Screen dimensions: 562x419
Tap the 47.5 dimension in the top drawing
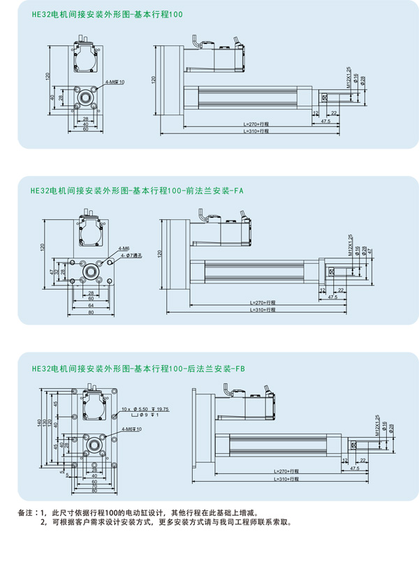(325, 121)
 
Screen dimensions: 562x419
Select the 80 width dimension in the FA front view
(90, 313)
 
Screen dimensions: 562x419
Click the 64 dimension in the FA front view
(90, 305)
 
